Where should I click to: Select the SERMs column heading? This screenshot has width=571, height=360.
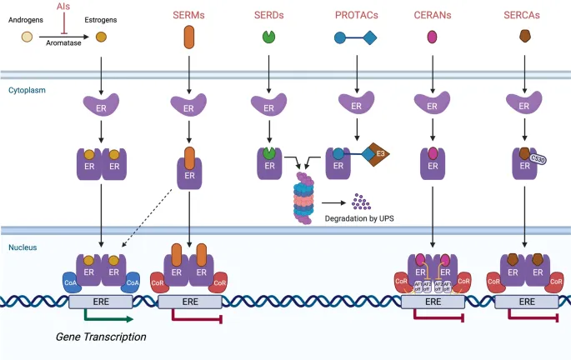click(x=188, y=15)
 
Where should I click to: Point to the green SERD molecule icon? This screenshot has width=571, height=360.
click(x=268, y=37)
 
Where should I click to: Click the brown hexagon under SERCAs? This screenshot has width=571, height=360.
click(x=525, y=37)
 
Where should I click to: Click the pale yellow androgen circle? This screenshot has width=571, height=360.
click(x=27, y=37)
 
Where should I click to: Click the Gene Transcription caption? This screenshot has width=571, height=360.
click(x=100, y=337)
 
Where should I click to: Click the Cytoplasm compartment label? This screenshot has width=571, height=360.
click(x=28, y=89)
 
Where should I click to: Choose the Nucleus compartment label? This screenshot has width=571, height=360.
click(x=24, y=247)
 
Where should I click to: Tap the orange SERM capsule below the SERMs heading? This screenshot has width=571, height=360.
click(x=188, y=37)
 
